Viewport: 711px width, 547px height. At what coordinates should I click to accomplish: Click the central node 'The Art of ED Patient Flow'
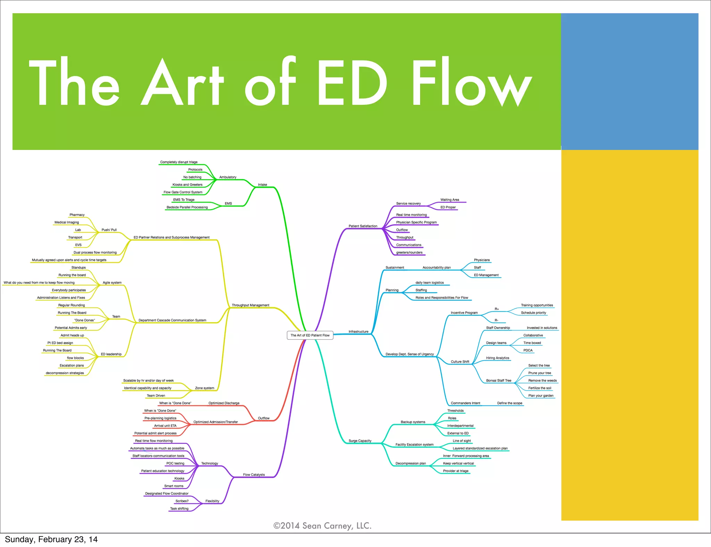coord(310,335)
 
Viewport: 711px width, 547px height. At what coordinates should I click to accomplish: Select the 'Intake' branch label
coord(262,185)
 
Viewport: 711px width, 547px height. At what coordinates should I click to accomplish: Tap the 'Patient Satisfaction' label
coord(363,226)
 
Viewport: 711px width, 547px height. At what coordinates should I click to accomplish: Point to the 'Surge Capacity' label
coord(360,441)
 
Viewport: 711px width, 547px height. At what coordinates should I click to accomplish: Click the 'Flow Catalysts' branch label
coord(254,474)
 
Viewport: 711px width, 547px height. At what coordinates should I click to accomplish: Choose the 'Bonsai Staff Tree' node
coord(499,380)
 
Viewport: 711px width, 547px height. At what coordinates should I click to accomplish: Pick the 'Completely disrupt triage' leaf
coord(179,162)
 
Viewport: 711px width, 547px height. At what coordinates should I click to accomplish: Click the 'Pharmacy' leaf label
coord(77,215)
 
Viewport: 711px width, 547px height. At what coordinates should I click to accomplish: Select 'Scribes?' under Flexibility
coord(182,501)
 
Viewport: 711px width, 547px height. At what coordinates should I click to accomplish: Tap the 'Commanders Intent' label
coord(465,403)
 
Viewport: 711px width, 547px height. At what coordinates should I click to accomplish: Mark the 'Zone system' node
coord(204,388)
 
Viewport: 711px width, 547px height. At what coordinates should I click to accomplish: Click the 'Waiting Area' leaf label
coord(450,200)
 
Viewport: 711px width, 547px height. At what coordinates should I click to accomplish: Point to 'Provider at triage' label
coord(455,471)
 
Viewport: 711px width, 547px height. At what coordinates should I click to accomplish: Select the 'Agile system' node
coord(112,283)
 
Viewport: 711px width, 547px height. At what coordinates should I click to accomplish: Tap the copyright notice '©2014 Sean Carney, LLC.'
coord(322,526)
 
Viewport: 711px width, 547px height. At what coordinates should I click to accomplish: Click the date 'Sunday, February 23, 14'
coord(51,539)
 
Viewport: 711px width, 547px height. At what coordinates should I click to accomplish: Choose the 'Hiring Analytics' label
coord(497,358)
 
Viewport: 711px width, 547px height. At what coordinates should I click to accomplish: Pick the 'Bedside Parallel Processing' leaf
coord(187,207)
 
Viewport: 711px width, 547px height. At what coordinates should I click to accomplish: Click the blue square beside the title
coord(629,82)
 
